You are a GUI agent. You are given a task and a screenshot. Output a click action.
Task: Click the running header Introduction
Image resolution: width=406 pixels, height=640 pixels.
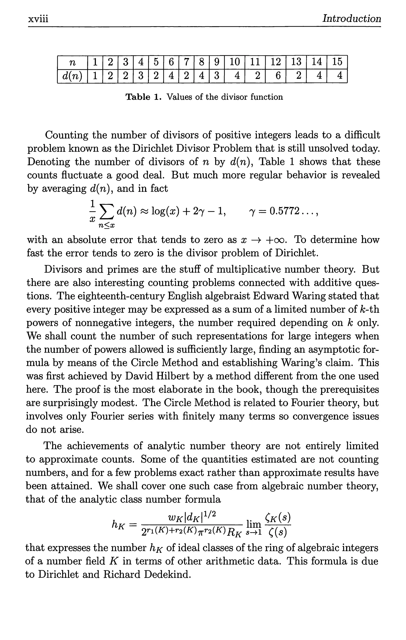coord(351,19)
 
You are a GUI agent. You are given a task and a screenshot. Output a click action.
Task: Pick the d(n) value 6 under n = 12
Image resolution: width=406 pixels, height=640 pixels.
coord(278,76)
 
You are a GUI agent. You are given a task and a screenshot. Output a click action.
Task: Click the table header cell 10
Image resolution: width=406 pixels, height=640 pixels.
coord(235,62)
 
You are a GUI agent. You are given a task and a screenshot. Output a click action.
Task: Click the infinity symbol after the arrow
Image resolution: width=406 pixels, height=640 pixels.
coord(279,240)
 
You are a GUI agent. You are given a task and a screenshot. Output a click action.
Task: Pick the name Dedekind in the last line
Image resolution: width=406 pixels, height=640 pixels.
coord(167,575)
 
